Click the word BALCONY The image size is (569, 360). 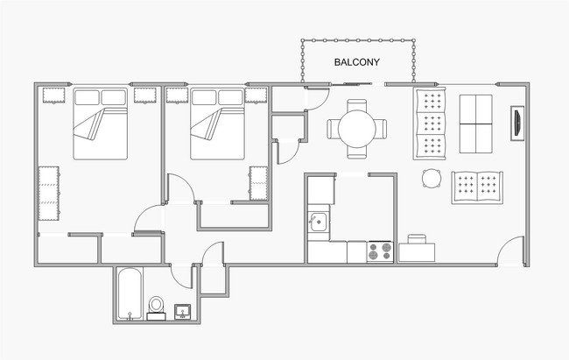[355, 62]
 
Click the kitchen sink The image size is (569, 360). [319, 222]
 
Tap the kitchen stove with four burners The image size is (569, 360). [380, 252]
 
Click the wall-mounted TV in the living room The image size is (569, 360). [517, 122]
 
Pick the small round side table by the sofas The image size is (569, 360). [431, 179]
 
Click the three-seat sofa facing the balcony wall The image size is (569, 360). [429, 124]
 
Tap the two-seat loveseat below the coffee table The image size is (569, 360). [478, 187]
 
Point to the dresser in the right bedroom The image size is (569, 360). [258, 183]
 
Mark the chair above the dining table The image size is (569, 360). [355, 104]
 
